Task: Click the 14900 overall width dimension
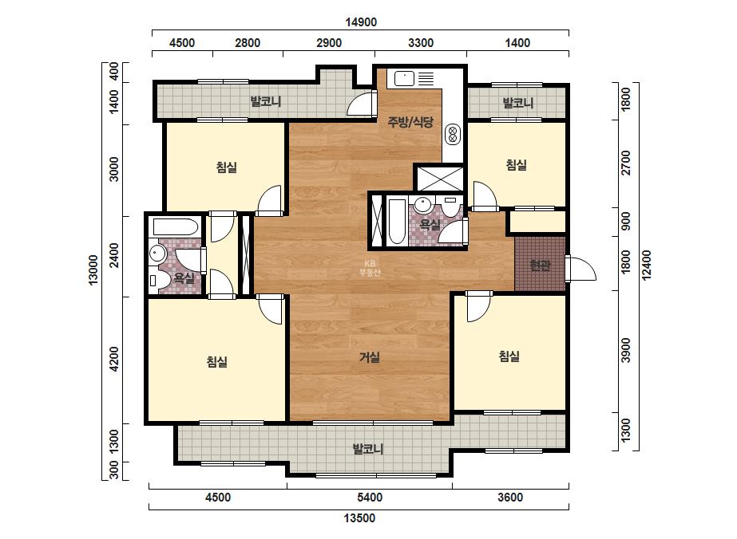point(361,22)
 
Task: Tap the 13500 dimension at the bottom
point(359,518)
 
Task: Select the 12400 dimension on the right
point(647,266)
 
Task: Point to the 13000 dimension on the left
point(93,269)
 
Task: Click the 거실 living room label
point(370,358)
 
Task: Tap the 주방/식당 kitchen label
point(410,122)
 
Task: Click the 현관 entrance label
point(540,266)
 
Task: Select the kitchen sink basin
point(404,78)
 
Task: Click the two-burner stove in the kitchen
point(453,133)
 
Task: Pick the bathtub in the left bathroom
point(176,227)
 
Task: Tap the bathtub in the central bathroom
point(397,222)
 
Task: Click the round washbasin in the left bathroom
point(156,254)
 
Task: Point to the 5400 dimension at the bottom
point(370,498)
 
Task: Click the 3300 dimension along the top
point(421,43)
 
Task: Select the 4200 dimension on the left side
point(114,359)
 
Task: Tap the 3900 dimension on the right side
point(625,350)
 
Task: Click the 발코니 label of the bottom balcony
point(368,450)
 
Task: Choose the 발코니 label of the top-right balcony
point(517,103)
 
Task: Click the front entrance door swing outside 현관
point(581,269)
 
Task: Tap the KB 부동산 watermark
point(370,268)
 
